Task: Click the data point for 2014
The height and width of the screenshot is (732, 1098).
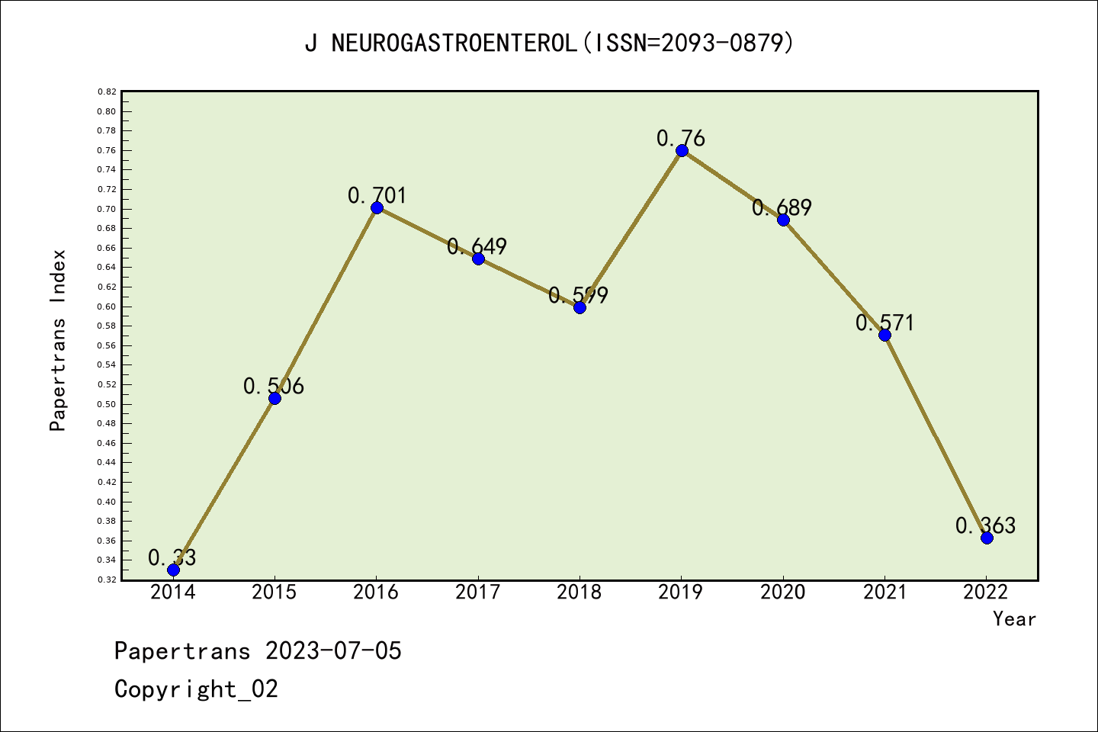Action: pyautogui.click(x=173, y=570)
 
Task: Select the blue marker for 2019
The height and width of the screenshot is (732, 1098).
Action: pyautogui.click(x=682, y=150)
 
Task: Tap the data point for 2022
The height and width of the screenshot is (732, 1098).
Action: pyautogui.click(x=987, y=538)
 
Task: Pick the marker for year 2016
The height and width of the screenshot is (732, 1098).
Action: pyautogui.click(x=377, y=207)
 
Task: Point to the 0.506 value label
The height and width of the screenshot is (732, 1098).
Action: pyautogui.click(x=274, y=387)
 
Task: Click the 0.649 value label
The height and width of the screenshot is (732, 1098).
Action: pyautogui.click(x=477, y=247)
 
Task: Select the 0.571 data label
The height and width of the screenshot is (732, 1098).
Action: pyautogui.click(x=884, y=323)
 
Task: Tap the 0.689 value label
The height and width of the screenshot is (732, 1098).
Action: pyautogui.click(x=782, y=208)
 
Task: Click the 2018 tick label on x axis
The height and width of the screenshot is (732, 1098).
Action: pyautogui.click(x=579, y=592)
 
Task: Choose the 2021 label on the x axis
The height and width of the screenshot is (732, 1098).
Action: pyautogui.click(x=884, y=592)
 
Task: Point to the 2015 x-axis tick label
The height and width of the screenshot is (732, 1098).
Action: pyautogui.click(x=274, y=592)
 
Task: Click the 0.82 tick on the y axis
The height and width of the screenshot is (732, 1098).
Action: pyautogui.click(x=107, y=91)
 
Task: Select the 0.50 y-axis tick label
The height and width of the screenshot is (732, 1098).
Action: pyautogui.click(x=107, y=404)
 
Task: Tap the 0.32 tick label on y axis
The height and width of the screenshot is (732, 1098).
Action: pyautogui.click(x=107, y=579)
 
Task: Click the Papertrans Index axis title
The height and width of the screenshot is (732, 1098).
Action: pyautogui.click(x=59, y=340)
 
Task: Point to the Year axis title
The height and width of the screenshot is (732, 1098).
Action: pyautogui.click(x=1014, y=619)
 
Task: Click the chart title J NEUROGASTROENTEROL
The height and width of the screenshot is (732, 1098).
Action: pyautogui.click(x=549, y=43)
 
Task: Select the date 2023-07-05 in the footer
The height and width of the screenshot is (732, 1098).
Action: pyautogui.click(x=333, y=651)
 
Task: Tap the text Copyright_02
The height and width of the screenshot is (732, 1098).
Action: pyautogui.click(x=196, y=689)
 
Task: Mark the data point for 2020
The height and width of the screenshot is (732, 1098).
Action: pyautogui.click(x=783, y=220)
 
